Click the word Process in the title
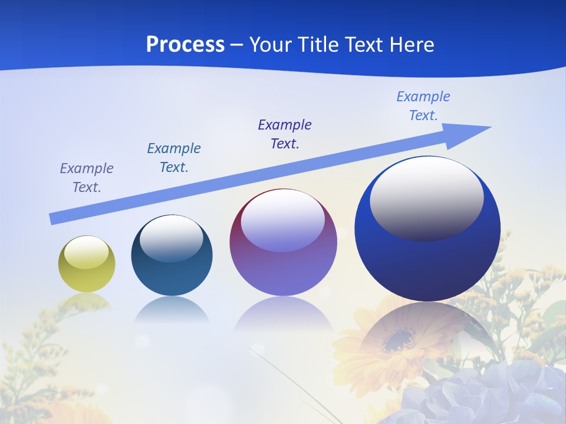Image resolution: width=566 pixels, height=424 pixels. (185, 45)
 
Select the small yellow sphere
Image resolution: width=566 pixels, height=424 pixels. (87, 264)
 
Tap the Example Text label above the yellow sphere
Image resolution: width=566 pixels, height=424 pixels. (87, 178)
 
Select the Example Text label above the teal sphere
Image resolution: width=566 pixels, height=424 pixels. (174, 158)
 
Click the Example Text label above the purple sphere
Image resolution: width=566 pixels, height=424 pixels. (285, 134)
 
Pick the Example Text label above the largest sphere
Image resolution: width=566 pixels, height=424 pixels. (423, 106)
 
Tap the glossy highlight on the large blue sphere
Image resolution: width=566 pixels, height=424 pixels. (427, 197)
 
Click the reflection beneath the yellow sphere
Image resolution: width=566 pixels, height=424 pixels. (87, 301)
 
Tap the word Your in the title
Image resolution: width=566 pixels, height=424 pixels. (272, 45)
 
